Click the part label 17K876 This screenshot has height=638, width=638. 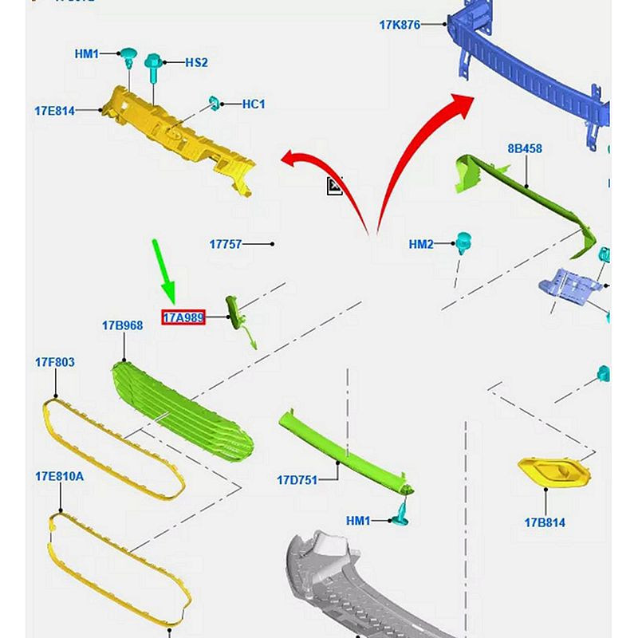[399, 25]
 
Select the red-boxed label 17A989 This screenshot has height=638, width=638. [184, 317]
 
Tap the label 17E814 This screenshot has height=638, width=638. [54, 112]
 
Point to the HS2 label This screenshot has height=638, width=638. [196, 62]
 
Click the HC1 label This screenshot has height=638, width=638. [254, 104]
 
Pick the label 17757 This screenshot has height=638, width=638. [225, 244]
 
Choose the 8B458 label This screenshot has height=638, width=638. [525, 148]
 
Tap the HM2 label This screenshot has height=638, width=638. [420, 245]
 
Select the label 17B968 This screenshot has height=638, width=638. [122, 325]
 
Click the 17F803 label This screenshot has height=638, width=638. [54, 362]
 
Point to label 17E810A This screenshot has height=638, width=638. [59, 476]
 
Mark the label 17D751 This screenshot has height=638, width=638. [297, 480]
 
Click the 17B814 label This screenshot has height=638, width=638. [544, 523]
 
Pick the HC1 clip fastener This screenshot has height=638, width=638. [215, 102]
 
